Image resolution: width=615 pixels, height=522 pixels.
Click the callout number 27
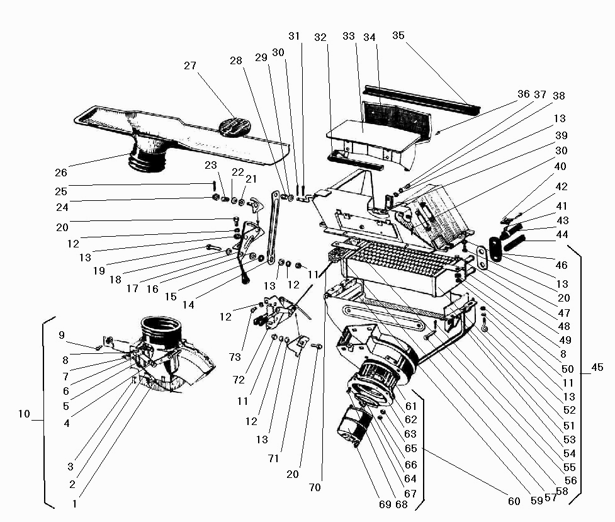[x=191, y=65]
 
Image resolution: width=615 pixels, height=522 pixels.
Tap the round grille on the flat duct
[x=234, y=123]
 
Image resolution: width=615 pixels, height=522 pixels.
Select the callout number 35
[x=398, y=35]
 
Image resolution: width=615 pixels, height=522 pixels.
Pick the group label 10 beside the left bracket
[x=24, y=414]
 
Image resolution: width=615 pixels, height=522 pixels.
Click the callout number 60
[x=514, y=501]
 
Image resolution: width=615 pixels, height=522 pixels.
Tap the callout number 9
[x=62, y=335]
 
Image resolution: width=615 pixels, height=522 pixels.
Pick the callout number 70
[x=315, y=487]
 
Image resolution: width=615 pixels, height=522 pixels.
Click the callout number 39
[x=560, y=135]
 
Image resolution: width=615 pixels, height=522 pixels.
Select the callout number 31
[x=295, y=36]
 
